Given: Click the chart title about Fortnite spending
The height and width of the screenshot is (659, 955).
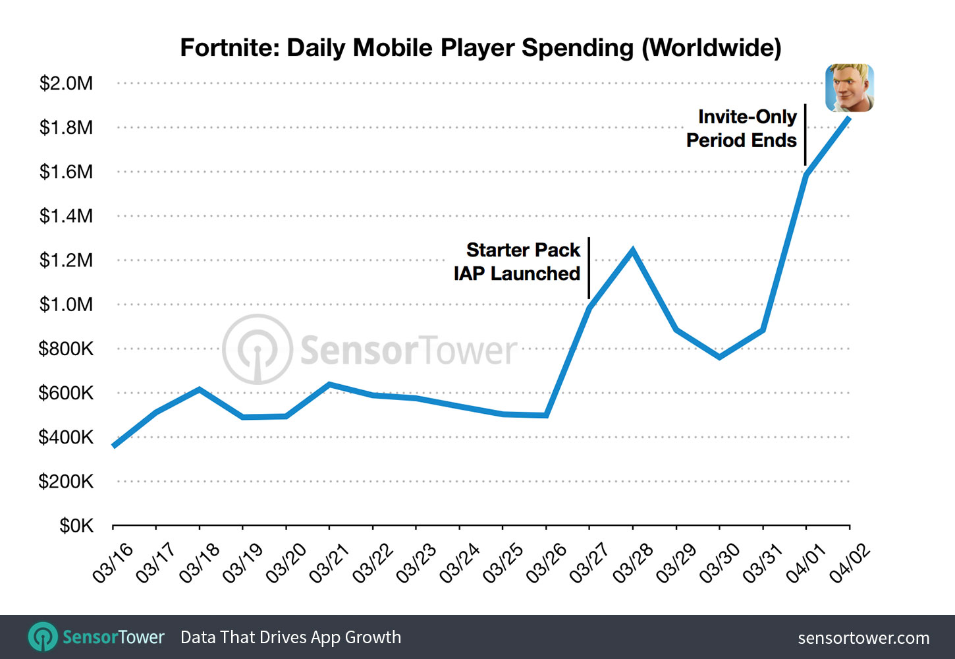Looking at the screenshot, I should click(480, 48).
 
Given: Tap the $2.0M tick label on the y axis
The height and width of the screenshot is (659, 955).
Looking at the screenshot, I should click(66, 84).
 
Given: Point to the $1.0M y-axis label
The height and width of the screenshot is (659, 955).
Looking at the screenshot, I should click(66, 304).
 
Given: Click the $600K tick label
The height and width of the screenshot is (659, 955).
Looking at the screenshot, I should click(66, 393).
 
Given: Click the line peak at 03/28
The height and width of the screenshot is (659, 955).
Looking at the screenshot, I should click(633, 250).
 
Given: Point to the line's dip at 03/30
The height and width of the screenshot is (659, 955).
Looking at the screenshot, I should click(719, 357).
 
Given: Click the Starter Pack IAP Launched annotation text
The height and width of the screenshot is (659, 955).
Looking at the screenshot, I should click(517, 262).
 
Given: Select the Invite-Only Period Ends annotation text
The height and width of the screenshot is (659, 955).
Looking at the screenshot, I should click(742, 129).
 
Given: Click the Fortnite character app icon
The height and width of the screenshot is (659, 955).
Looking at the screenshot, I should click(850, 88).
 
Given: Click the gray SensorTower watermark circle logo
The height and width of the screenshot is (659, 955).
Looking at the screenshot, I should click(257, 349).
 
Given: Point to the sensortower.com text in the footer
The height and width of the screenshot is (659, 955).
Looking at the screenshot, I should click(863, 638).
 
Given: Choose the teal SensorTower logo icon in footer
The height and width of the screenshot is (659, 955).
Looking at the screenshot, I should click(43, 637).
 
